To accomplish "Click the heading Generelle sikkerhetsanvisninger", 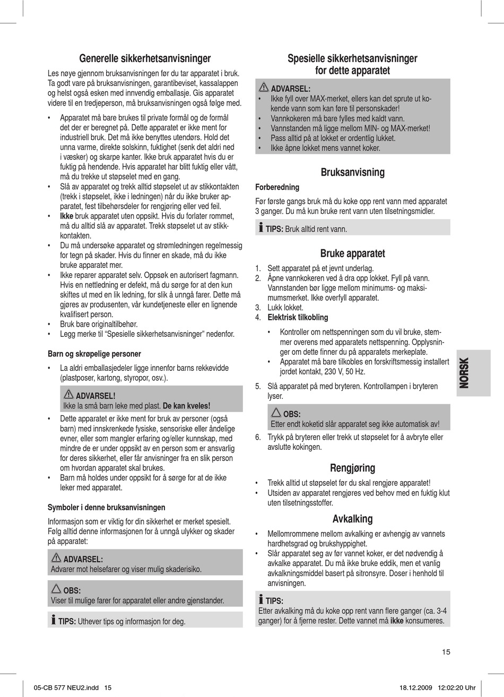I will (x=145, y=58).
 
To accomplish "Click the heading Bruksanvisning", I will (x=352, y=172).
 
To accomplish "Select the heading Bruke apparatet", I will (x=352, y=254).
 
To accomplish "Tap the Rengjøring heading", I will (x=352, y=468).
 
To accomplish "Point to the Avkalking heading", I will (x=352, y=519).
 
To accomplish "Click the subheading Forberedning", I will (x=277, y=187).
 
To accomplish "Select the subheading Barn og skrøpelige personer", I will (x=94, y=354).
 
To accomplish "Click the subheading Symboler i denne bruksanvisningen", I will (x=106, y=507).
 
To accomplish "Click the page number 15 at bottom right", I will (x=446, y=652).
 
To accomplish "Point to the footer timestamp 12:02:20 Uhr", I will (x=457, y=687).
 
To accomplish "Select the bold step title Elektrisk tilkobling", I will (x=298, y=317).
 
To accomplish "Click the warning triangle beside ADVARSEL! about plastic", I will (x=68, y=395).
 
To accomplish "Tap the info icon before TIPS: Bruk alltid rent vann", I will (x=260, y=228).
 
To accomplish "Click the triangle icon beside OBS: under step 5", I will (x=276, y=413).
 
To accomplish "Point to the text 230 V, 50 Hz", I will (x=345, y=371).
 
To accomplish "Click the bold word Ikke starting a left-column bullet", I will (x=66, y=216).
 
